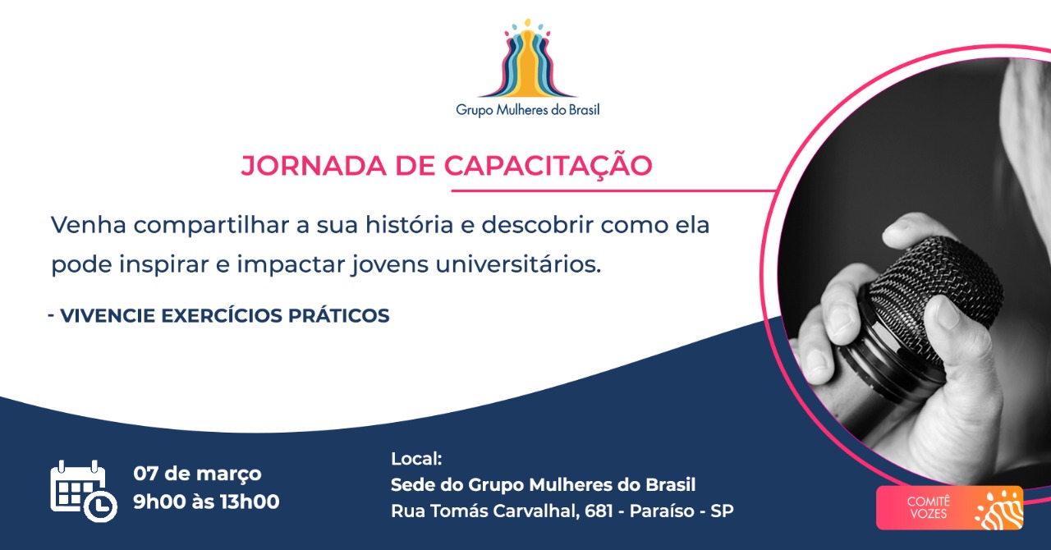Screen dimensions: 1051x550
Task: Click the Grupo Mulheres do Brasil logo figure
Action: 528,57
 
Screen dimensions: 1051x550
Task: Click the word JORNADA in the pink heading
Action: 314,165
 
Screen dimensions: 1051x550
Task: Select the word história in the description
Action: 409,224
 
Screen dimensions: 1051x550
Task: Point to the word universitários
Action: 518,264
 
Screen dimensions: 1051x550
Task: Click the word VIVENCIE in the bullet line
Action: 108,315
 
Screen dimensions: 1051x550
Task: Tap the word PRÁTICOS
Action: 339,315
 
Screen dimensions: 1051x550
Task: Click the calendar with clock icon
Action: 84,490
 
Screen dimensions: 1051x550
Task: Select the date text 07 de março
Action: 197,474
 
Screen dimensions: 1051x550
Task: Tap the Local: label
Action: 416,459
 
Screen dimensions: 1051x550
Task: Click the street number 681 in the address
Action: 599,511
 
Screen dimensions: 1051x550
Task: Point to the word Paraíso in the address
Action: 662,511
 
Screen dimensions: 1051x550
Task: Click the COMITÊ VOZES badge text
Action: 929,507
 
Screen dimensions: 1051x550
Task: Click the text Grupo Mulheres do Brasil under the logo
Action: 528,110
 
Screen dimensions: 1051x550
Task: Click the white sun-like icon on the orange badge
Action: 999,510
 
